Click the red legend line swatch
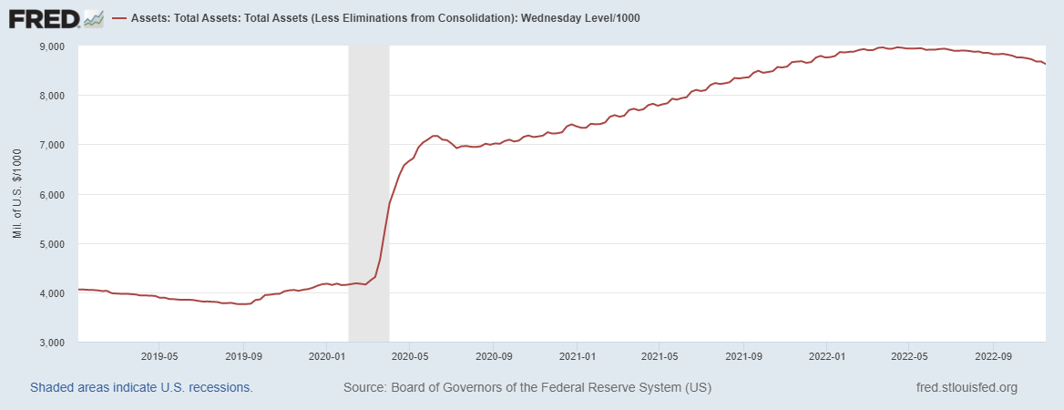click(119, 18)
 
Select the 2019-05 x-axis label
click(159, 356)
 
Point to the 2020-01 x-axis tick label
click(326, 356)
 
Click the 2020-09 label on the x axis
click(493, 356)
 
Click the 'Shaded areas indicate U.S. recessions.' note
click(141, 387)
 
